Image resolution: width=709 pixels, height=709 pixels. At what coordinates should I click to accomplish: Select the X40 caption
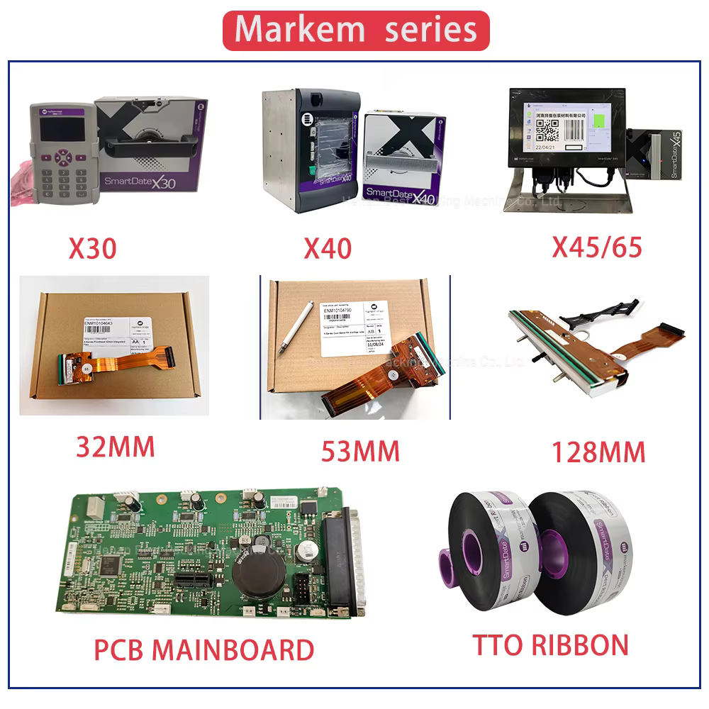point(327,248)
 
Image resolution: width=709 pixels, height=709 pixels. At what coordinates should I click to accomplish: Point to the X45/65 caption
point(597,246)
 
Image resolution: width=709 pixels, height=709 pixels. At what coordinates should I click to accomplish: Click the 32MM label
point(115,447)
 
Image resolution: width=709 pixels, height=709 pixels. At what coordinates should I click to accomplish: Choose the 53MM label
point(360,450)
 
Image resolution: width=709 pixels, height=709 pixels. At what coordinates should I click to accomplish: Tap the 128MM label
point(598,451)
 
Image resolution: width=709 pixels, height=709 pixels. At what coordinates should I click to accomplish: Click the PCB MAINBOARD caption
point(204,649)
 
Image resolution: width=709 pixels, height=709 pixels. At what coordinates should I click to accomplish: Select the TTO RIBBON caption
point(550,644)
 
